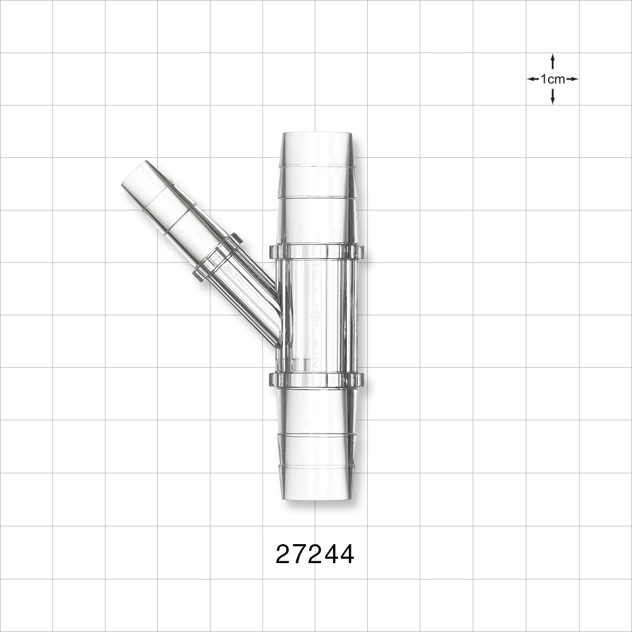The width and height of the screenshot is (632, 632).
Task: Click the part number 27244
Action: [x=315, y=555]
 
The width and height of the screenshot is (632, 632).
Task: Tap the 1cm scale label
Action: [x=552, y=79]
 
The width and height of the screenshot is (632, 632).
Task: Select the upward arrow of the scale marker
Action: [x=552, y=61]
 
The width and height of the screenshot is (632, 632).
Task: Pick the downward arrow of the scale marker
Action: [x=552, y=97]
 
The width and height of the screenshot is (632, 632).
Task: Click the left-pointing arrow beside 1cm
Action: [x=533, y=79]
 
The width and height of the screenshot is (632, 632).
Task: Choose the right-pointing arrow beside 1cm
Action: [x=572, y=79]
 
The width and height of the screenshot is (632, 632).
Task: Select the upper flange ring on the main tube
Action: [x=316, y=252]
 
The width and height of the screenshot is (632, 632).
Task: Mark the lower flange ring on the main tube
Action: [x=316, y=379]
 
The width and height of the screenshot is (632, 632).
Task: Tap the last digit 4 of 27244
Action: [x=346, y=555]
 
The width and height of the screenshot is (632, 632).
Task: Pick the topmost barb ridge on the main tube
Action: [x=316, y=166]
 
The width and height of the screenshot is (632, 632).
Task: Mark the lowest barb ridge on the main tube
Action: [x=316, y=467]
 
